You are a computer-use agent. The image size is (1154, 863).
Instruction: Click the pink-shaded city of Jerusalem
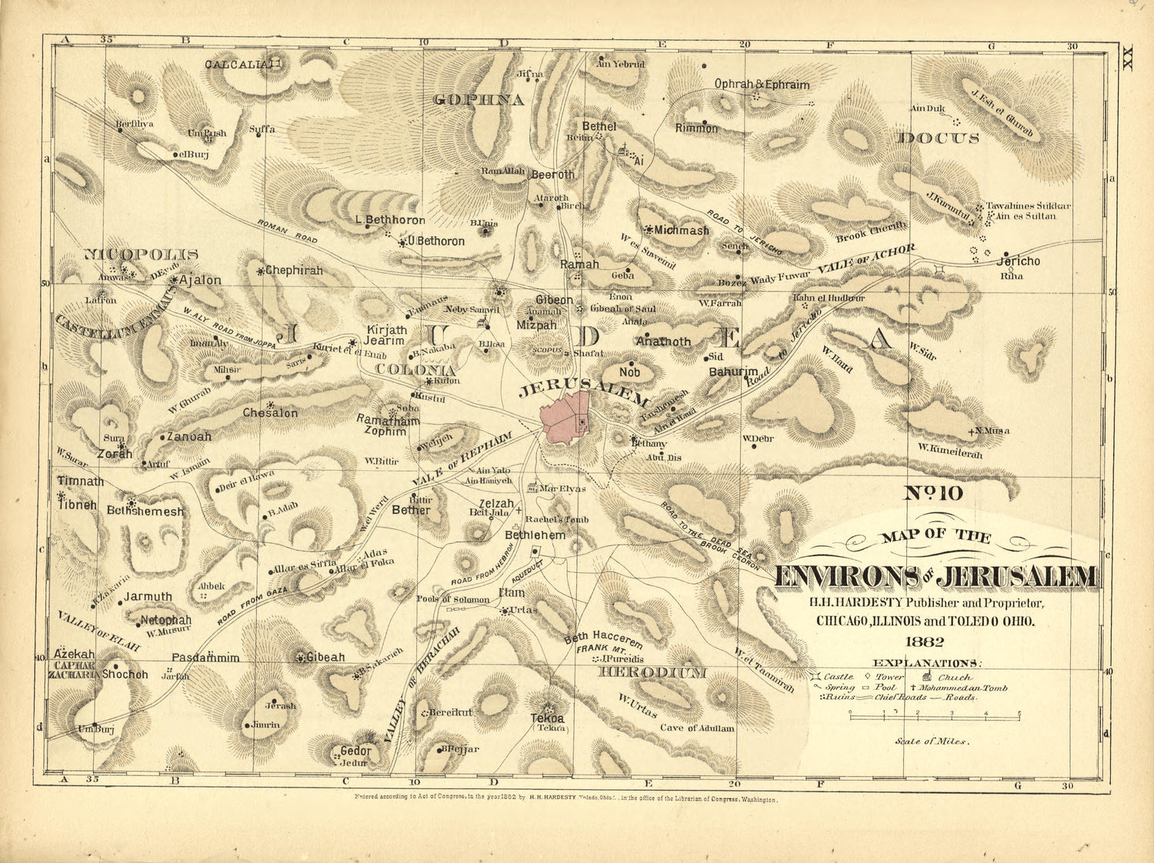565,418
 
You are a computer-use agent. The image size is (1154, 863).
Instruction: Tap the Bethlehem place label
535,535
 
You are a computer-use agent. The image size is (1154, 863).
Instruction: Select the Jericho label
1018,262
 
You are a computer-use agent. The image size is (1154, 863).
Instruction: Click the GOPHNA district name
479,99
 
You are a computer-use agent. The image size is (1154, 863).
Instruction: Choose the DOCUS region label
938,138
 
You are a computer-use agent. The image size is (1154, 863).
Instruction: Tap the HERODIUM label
652,672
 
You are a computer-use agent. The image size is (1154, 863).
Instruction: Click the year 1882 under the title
924,642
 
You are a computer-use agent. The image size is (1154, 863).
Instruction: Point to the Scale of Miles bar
934,713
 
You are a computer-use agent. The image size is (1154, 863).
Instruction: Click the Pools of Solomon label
452,599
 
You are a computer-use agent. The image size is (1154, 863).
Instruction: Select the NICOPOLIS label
141,254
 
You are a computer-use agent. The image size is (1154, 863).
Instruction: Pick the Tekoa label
547,718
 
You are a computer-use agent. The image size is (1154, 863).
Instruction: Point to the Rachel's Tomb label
557,520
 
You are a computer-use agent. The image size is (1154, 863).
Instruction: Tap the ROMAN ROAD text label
287,232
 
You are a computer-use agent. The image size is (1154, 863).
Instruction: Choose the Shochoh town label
125,675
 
